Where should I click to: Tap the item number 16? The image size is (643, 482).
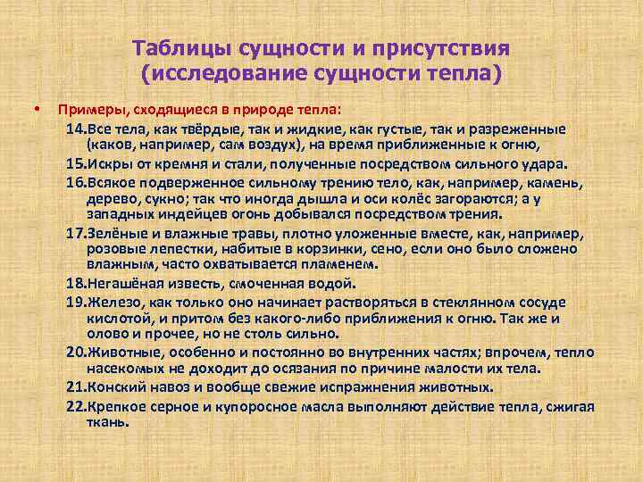point(75,181)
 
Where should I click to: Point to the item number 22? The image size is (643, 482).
point(75,408)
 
